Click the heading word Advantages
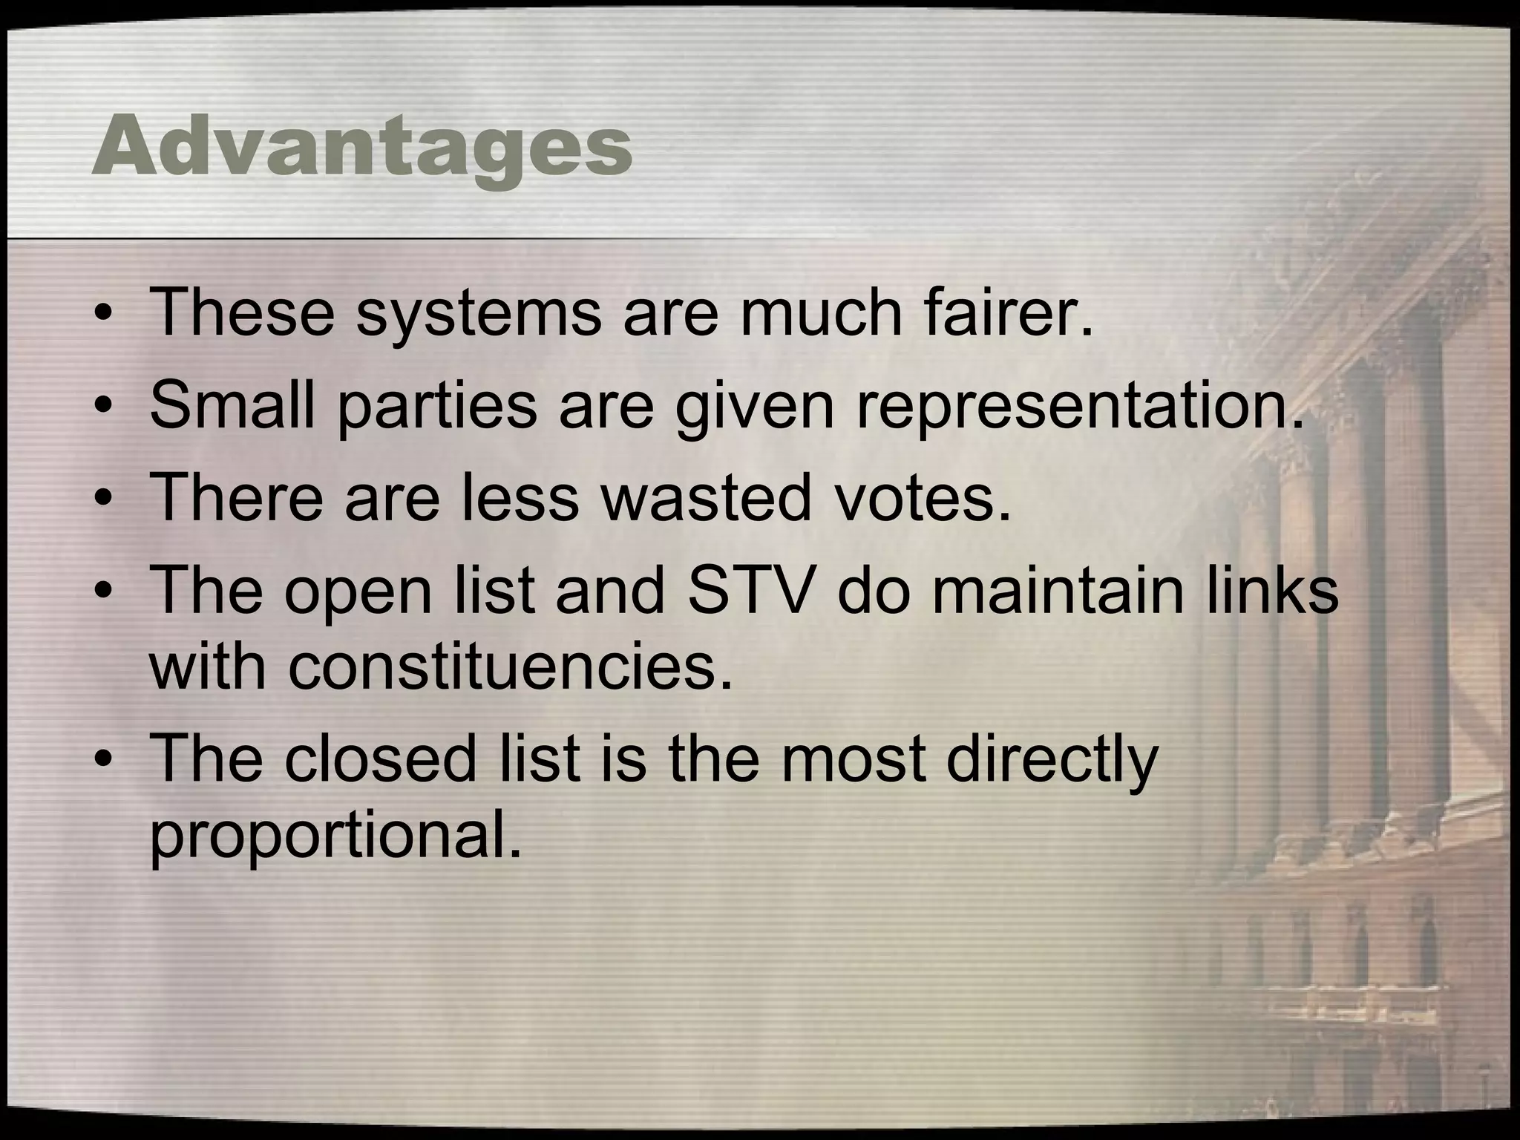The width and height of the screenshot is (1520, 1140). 362,147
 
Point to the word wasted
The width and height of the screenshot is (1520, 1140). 706,497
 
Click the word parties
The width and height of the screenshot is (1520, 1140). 436,408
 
